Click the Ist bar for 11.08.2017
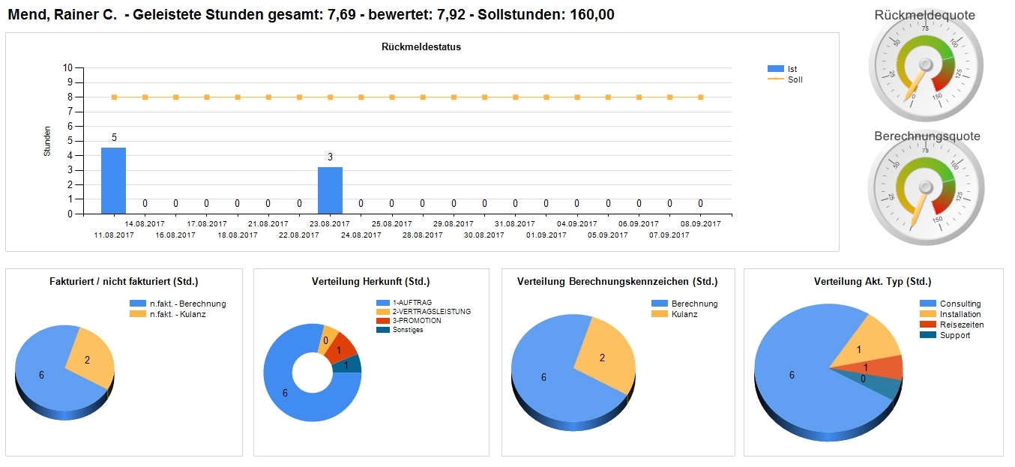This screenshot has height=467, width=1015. click(113, 181)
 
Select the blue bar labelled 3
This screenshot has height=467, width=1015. click(330, 190)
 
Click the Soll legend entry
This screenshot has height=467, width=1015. click(795, 79)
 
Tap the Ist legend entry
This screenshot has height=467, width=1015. click(792, 69)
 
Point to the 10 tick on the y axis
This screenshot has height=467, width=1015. click(67, 67)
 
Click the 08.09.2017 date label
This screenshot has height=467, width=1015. click(701, 223)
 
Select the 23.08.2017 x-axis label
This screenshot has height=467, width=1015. click(330, 223)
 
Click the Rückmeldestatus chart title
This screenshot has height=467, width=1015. click(421, 46)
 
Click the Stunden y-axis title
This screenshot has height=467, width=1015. click(47, 141)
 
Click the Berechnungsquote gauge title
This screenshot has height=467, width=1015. click(927, 136)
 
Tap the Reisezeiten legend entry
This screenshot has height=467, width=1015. click(961, 325)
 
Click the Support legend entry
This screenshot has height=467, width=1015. click(954, 335)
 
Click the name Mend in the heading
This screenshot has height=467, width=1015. click(25, 14)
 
